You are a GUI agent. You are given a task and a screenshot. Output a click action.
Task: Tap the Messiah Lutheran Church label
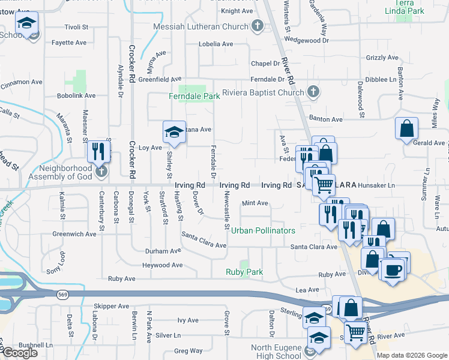200,26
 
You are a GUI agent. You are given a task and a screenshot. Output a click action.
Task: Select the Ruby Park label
244,272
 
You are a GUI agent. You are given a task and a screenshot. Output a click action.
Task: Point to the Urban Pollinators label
263,230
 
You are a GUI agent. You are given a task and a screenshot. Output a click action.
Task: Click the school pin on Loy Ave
173,132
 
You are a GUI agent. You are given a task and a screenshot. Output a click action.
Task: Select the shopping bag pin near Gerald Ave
406,128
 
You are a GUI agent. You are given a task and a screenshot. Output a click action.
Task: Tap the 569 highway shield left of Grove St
62,295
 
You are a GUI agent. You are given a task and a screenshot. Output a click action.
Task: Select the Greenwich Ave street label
74,234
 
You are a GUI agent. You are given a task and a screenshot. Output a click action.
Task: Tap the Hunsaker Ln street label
376,186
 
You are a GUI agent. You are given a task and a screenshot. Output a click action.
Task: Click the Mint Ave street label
255,203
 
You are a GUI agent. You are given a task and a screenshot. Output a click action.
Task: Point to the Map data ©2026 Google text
412,355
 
